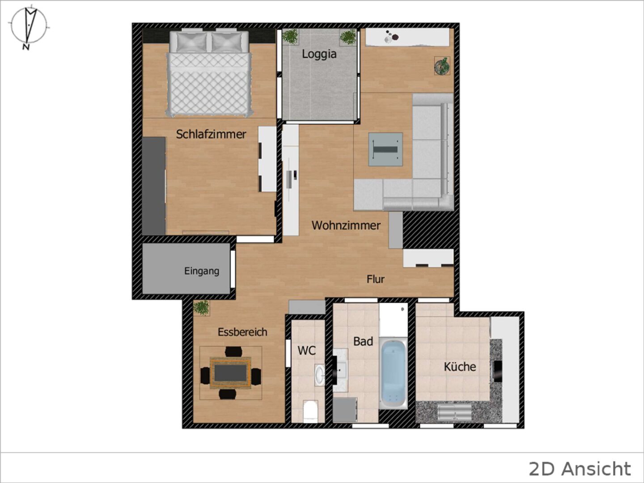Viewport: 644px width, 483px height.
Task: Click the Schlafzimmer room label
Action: click(211, 134)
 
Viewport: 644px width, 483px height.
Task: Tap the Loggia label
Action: click(319, 54)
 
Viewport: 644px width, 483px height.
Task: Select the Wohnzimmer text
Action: click(346, 225)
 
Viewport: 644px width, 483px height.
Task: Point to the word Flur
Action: click(375, 279)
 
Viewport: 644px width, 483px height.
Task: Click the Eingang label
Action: click(202, 271)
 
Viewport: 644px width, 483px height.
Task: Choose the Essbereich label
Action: click(242, 332)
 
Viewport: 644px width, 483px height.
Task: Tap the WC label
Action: click(307, 351)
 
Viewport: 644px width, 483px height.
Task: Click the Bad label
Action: click(363, 341)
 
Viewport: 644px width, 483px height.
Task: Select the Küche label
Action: click(460, 367)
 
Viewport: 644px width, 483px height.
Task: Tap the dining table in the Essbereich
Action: click(230, 373)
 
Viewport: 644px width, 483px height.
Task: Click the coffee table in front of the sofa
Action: click(386, 149)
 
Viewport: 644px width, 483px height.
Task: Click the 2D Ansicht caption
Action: click(580, 469)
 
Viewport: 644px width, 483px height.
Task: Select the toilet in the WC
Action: click(309, 411)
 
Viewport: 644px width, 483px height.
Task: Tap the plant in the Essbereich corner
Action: click(201, 308)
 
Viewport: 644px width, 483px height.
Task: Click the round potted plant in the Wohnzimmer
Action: click(442, 66)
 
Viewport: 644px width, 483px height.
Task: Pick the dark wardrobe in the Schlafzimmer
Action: click(154, 186)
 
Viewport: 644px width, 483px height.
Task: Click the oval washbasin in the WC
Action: click(319, 375)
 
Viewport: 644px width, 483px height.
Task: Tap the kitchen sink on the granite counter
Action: click(454, 412)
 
